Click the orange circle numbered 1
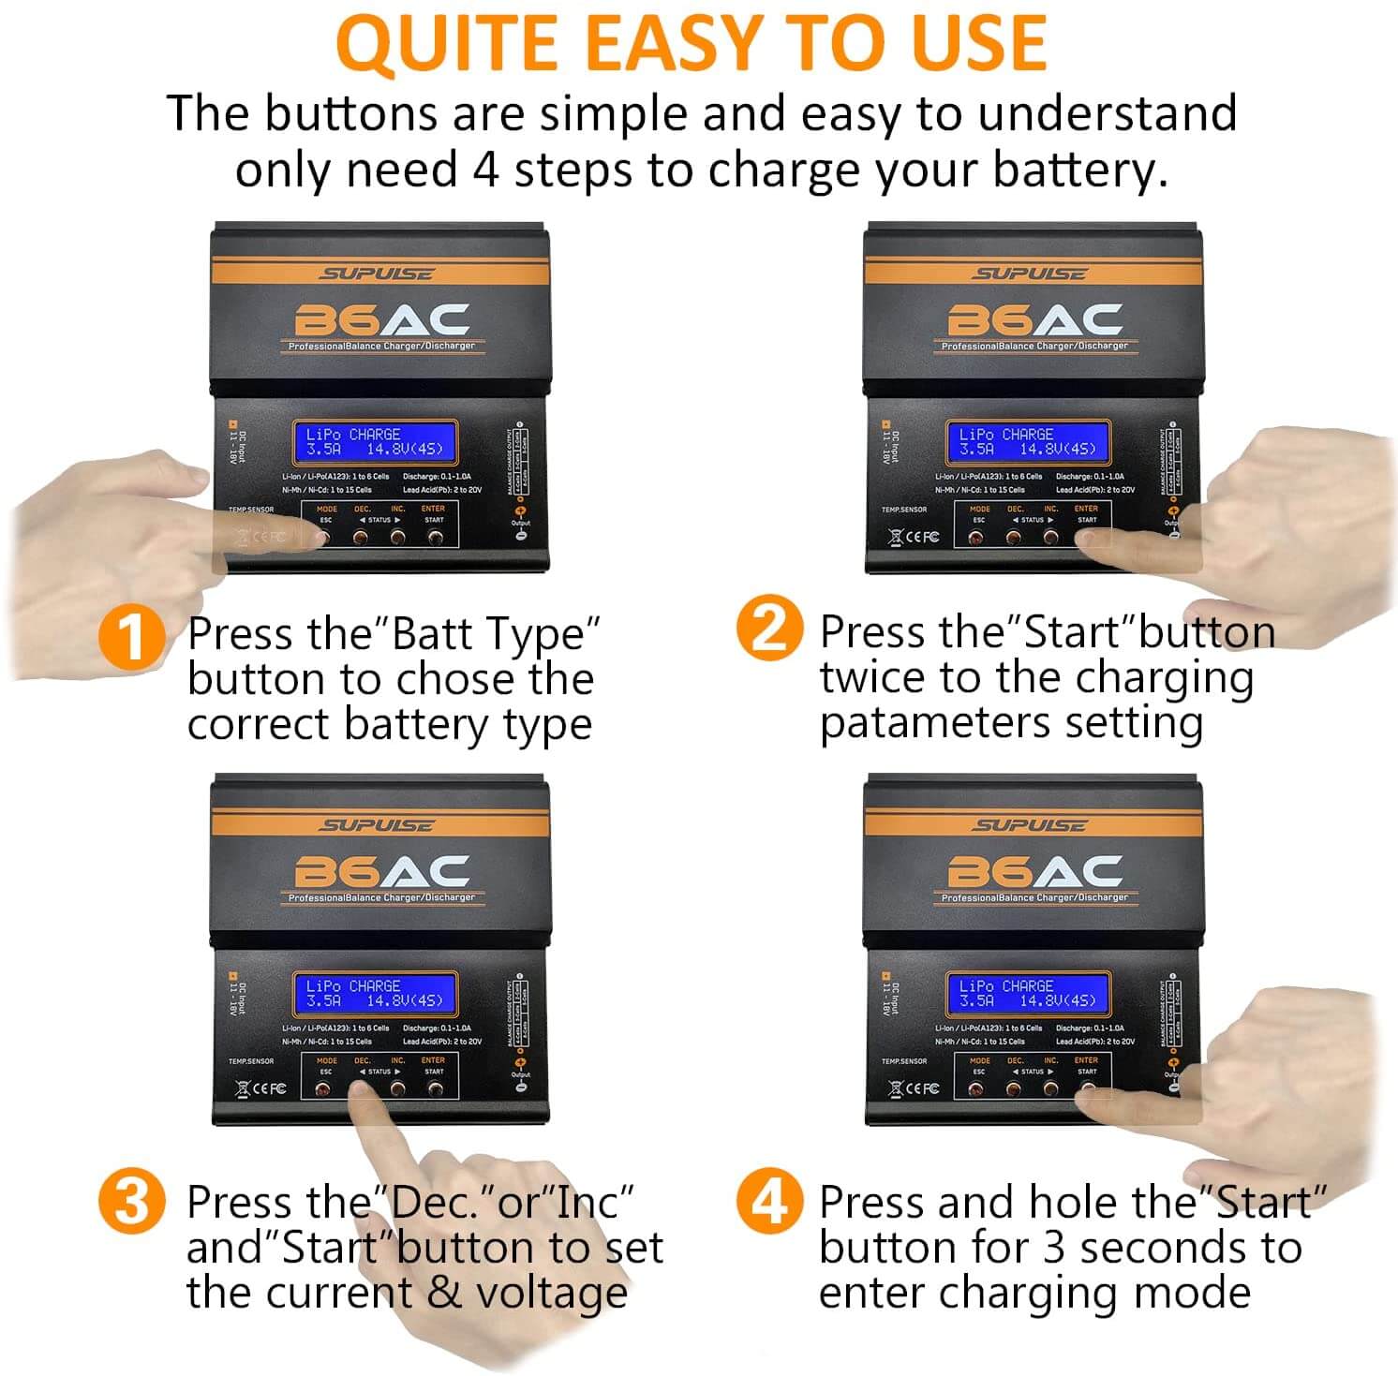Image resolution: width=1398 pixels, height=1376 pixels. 132,636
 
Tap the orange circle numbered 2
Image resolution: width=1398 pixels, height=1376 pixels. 769,629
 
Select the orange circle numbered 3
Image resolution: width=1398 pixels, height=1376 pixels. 132,1201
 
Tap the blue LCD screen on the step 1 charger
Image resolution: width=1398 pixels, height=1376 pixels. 375,442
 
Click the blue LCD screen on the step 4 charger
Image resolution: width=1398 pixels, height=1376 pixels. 1028,994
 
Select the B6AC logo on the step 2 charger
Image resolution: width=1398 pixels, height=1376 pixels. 1034,320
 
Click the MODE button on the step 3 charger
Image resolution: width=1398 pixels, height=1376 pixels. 323,1089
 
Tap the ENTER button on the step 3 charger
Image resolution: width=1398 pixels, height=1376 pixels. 435,1088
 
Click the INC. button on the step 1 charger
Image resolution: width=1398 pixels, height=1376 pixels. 397,537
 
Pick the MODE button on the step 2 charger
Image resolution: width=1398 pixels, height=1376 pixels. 976,538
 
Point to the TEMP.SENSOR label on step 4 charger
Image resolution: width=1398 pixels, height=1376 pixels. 904,1061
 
